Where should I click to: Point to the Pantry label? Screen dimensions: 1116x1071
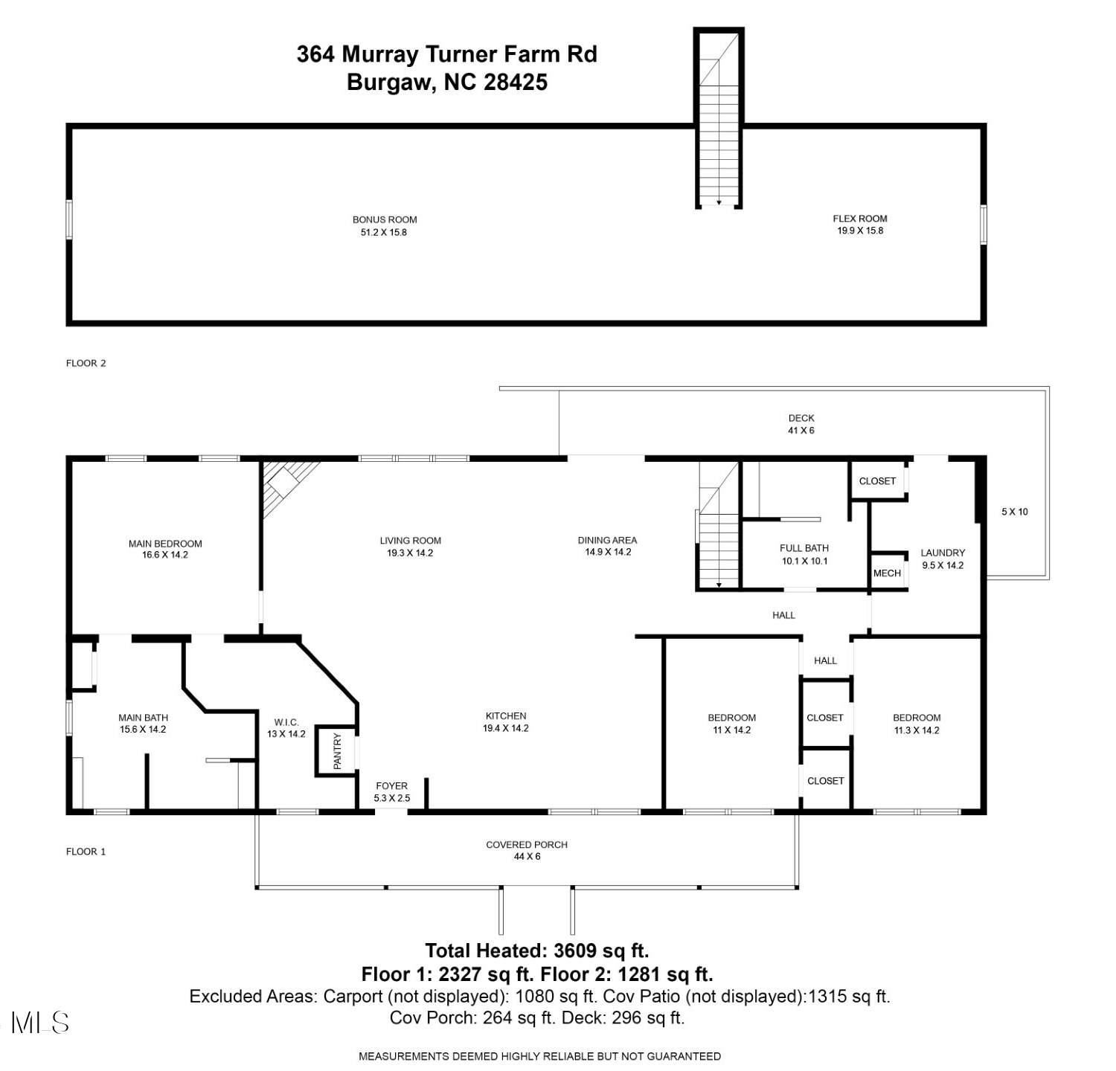(337, 751)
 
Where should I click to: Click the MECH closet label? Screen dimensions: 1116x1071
(887, 573)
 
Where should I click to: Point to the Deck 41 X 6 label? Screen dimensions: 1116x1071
(801, 424)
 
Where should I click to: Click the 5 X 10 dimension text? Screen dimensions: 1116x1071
(1015, 512)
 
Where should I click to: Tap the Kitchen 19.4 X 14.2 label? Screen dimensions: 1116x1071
(506, 722)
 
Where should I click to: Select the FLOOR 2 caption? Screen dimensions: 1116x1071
(86, 363)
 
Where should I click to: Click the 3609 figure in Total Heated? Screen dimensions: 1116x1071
(579, 951)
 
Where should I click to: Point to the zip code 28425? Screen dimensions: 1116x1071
(516, 82)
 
